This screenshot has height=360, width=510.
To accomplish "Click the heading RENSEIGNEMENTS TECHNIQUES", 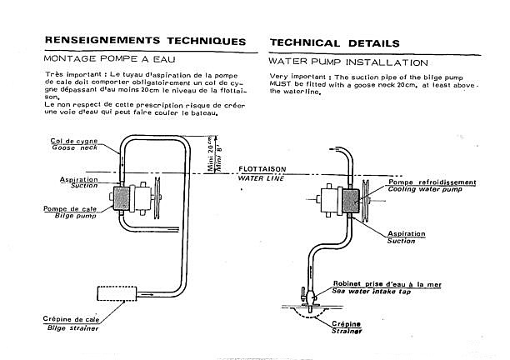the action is pyautogui.click(x=145, y=41).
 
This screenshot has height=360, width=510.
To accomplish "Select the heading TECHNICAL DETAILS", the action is pyautogui.click(x=335, y=43).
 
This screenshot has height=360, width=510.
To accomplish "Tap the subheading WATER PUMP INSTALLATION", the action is pyautogui.click(x=348, y=62).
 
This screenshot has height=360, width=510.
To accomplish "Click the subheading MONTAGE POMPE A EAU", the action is pyautogui.click(x=109, y=59).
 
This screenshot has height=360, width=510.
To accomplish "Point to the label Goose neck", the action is pyautogui.click(x=74, y=147).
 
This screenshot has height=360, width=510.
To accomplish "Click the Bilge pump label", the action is pyautogui.click(x=76, y=216).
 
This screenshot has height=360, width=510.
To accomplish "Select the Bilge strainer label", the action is pyautogui.click(x=72, y=327).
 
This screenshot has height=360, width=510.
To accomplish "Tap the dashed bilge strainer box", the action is pyautogui.click(x=117, y=293).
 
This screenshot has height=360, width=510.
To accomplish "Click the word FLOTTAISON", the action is pyautogui.click(x=262, y=169).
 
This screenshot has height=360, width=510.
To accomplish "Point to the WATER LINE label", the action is pyautogui.click(x=261, y=178).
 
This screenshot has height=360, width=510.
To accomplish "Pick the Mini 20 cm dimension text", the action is pyautogui.click(x=211, y=153).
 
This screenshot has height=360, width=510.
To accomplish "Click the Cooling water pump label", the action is pyautogui.click(x=425, y=189).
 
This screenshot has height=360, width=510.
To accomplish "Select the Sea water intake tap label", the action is pyautogui.click(x=371, y=291).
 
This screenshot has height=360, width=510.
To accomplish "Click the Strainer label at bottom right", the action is pyautogui.click(x=347, y=331).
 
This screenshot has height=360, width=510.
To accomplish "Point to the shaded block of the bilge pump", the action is pyautogui.click(x=122, y=198).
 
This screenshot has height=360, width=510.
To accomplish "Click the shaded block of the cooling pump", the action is pyautogui.click(x=351, y=201).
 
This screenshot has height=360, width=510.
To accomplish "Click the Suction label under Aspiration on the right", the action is pyautogui.click(x=401, y=241).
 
